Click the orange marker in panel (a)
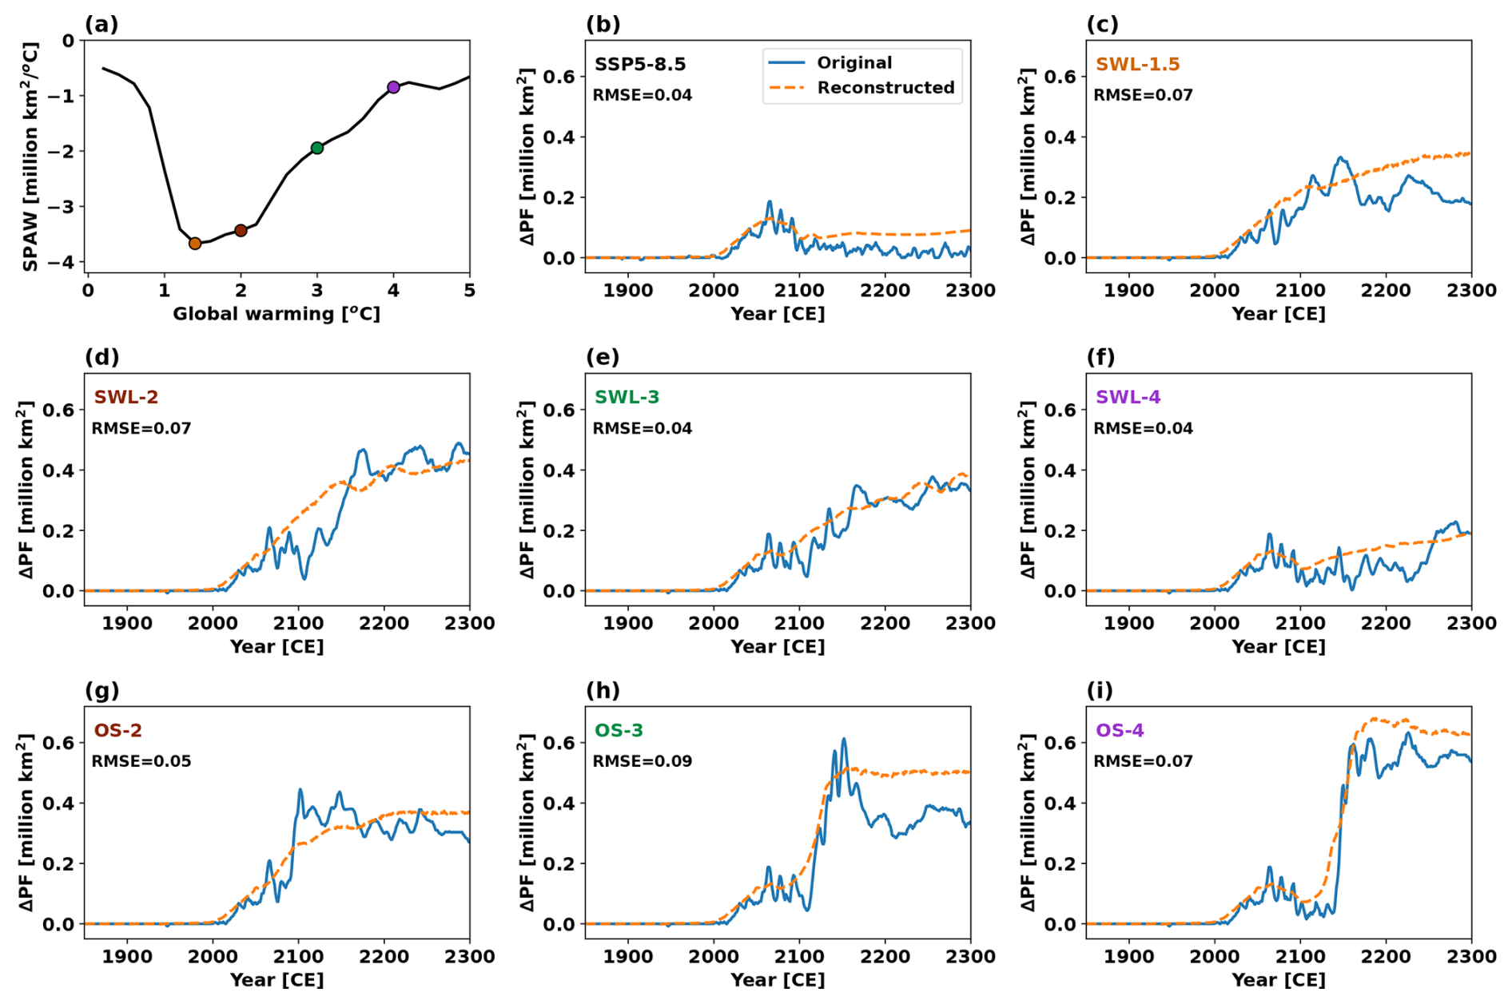click(x=195, y=244)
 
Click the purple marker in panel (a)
click(x=393, y=87)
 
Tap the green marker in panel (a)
click(x=317, y=148)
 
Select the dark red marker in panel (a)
click(x=241, y=231)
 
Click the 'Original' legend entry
click(x=853, y=63)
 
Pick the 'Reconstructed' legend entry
click(x=885, y=88)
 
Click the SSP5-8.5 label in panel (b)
click(x=639, y=64)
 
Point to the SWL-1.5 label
click(x=1137, y=64)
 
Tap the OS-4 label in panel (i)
click(x=1120, y=730)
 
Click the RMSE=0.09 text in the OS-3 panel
click(x=642, y=761)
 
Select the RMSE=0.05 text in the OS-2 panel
click(x=141, y=761)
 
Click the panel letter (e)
click(x=603, y=357)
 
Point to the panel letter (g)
click(x=101, y=690)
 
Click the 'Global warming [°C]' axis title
click(x=277, y=314)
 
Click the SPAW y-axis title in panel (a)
click(x=30, y=157)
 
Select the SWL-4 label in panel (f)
click(x=1128, y=397)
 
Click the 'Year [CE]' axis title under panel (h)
click(x=778, y=980)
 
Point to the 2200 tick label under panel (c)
click(x=1386, y=291)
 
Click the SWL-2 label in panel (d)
click(x=125, y=397)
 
